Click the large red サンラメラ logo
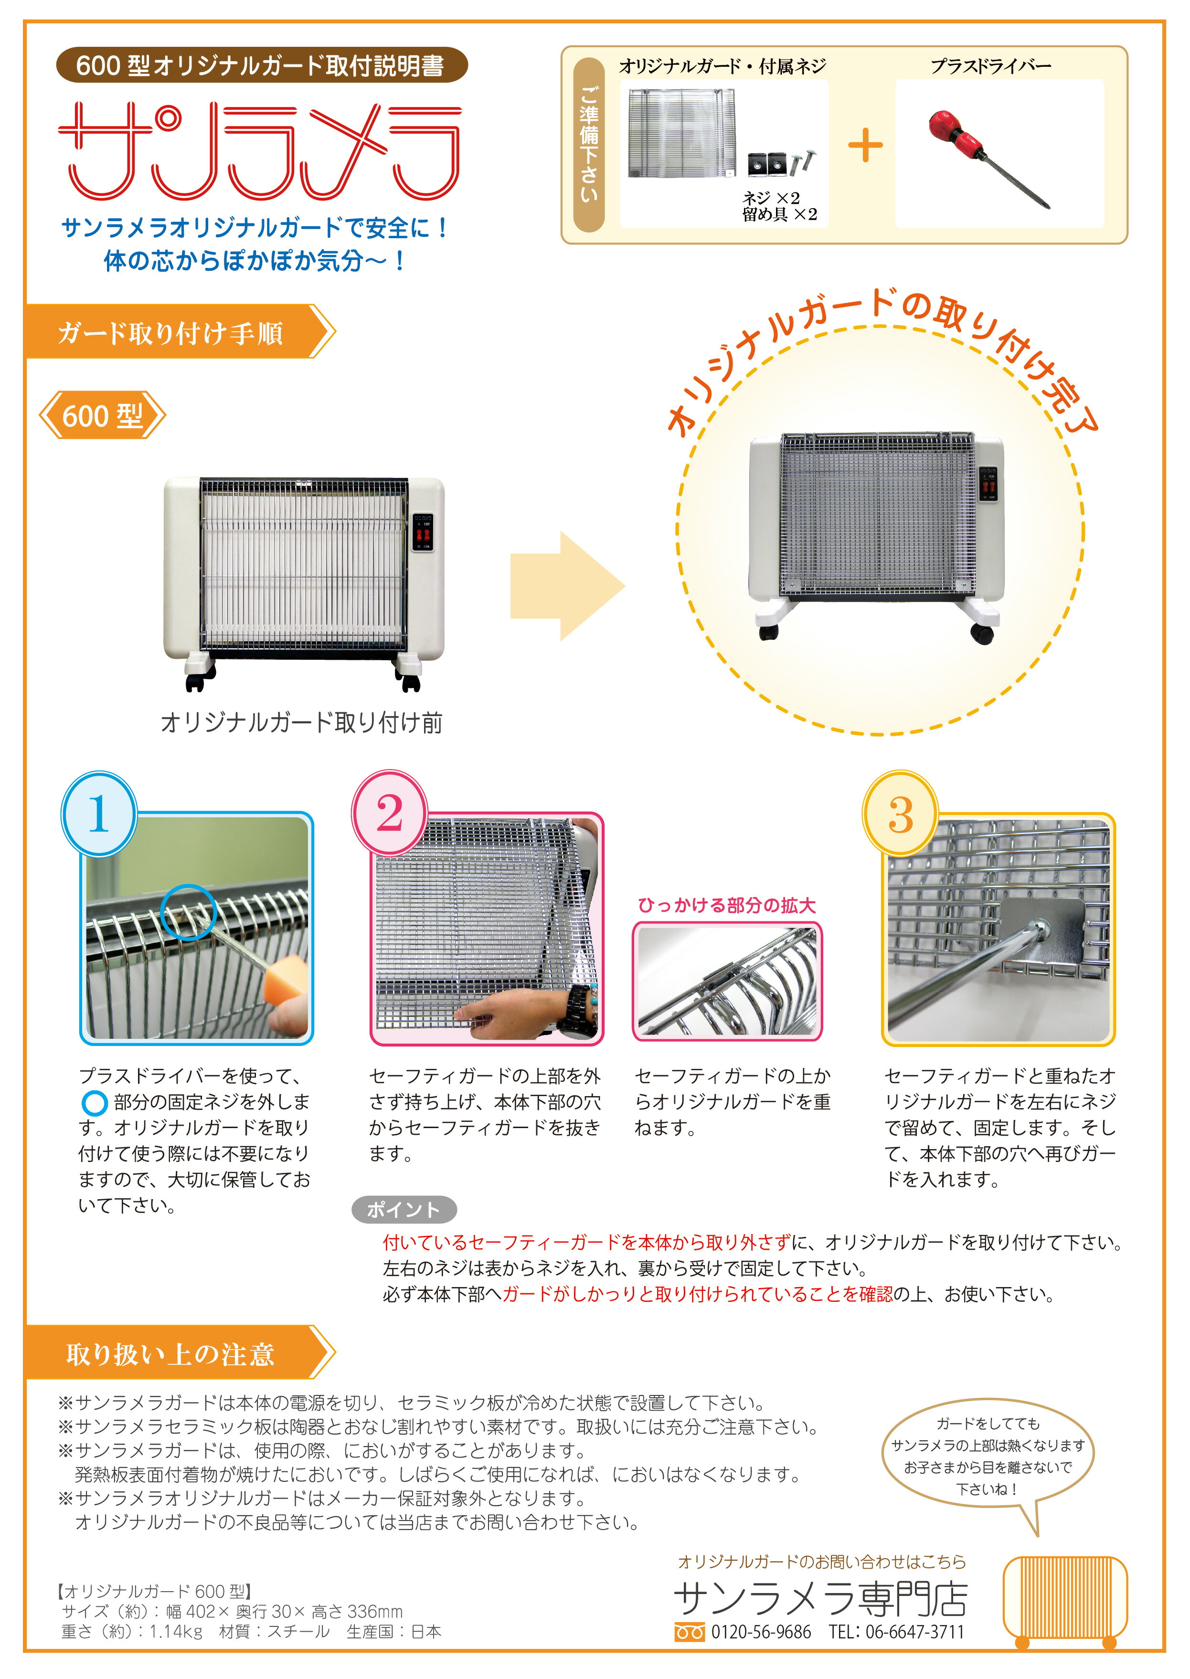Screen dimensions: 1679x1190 point(260,150)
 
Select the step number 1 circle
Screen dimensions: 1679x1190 point(99,814)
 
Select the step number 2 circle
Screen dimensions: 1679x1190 point(389,814)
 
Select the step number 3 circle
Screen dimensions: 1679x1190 point(900,814)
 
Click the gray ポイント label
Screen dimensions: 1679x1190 point(404,1209)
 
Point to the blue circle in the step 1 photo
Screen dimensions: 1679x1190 point(188,912)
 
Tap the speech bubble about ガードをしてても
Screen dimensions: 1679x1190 point(987,1457)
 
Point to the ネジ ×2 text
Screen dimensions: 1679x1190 point(771,198)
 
